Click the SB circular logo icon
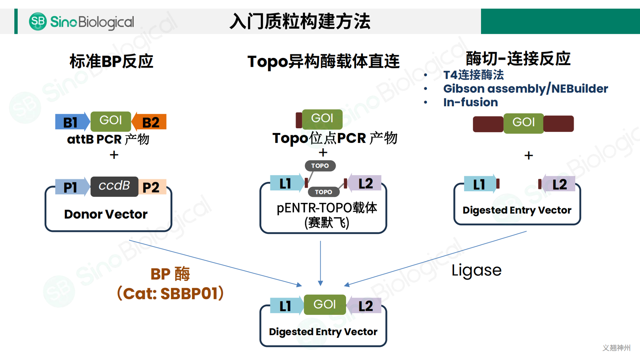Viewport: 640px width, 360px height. click(38, 21)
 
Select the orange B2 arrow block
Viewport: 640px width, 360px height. click(150, 122)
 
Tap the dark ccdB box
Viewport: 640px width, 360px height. click(114, 186)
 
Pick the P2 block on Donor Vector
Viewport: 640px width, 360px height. click(151, 187)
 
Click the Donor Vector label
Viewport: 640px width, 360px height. click(106, 214)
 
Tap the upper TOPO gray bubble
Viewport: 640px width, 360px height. click(320, 166)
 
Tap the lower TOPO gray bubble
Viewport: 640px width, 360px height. click(323, 192)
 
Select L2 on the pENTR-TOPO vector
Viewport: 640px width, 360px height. click(365, 183)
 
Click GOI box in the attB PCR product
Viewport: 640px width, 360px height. click(111, 121)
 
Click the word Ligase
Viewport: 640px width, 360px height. click(476, 270)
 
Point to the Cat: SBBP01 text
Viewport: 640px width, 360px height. click(170, 294)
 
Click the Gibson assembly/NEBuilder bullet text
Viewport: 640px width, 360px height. click(525, 88)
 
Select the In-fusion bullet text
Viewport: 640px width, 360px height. click(470, 102)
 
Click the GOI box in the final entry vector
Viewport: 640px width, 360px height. click(325, 305)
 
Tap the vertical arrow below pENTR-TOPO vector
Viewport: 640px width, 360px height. click(320, 263)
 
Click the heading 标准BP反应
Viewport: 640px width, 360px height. click(111, 61)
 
